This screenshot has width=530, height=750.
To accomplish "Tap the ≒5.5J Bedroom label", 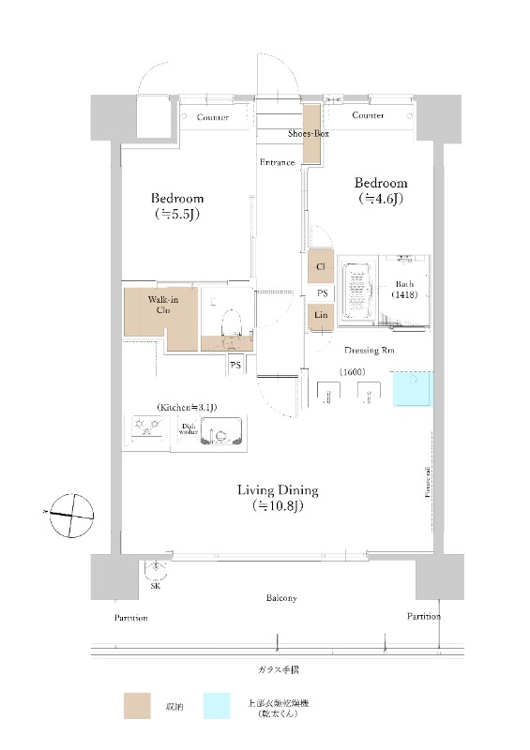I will [177, 206].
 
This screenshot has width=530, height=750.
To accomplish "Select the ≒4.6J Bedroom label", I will [381, 190].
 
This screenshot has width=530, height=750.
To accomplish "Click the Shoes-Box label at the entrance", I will [307, 134].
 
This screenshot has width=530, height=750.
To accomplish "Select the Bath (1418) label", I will [404, 289].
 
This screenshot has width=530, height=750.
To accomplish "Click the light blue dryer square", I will [413, 389].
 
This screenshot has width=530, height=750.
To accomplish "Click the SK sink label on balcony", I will [155, 587].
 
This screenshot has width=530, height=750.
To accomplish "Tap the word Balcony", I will [280, 598].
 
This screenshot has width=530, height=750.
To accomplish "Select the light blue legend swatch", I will [215, 706].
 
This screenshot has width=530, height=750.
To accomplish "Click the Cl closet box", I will [321, 267].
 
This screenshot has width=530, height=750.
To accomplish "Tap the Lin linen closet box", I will [321, 316].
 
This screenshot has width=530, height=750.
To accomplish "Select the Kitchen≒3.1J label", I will [187, 407].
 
